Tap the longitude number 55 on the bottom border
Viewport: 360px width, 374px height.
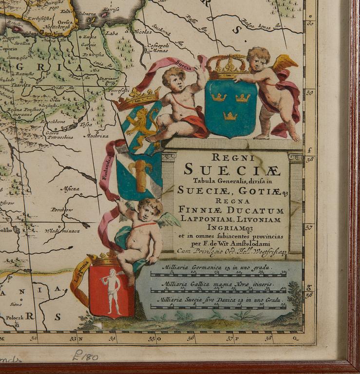click(x=152, y=337)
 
